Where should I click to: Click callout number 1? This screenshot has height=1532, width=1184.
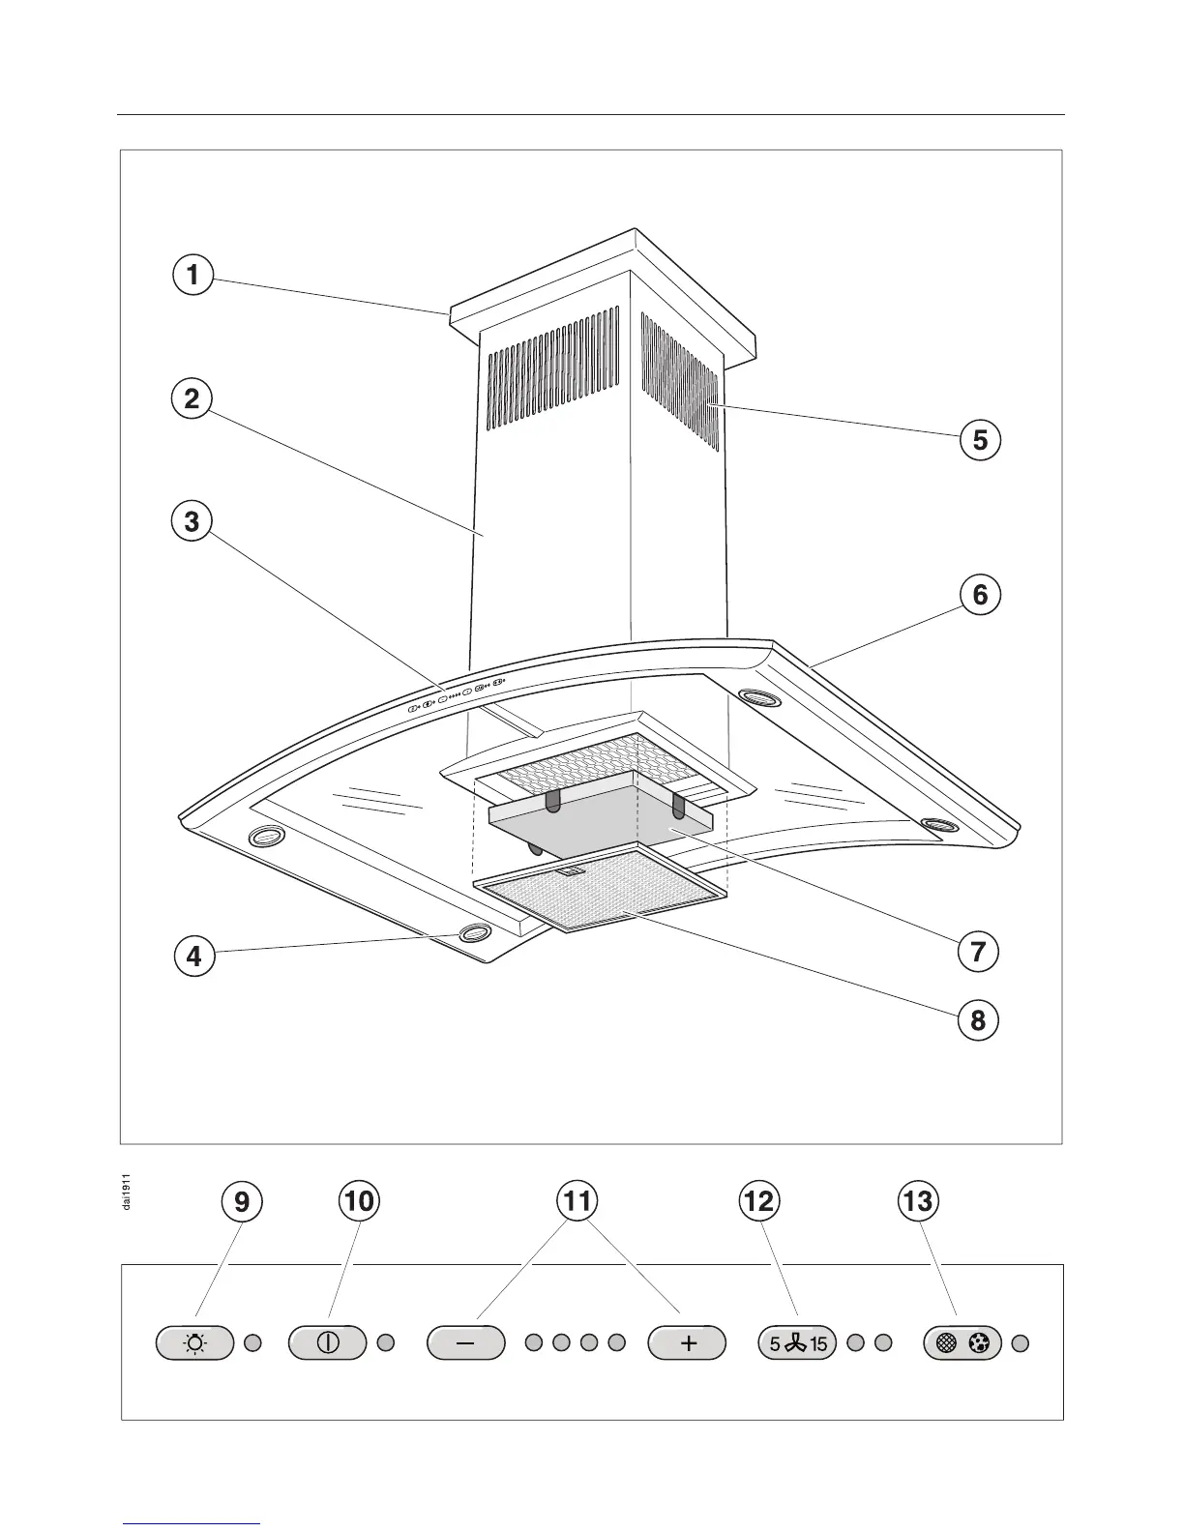pos(192,275)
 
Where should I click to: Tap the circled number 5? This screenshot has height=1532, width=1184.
pos(980,440)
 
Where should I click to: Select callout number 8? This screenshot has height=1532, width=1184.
pos(978,1019)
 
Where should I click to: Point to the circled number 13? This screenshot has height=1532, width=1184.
pos(917,1201)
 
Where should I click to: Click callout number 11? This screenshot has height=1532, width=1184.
pos(577,1201)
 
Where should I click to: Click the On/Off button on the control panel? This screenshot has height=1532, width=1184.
pos(328,1343)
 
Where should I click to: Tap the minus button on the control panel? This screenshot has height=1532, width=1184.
pos(466,1343)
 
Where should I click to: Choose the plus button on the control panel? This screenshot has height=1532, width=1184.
pos(687,1343)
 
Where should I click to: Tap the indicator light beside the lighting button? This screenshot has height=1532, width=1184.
pos(252,1343)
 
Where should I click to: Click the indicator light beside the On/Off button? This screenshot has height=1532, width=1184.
pos(385,1343)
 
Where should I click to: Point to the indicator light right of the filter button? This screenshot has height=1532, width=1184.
pos(1020,1343)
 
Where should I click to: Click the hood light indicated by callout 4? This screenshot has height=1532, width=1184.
pos(474,933)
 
